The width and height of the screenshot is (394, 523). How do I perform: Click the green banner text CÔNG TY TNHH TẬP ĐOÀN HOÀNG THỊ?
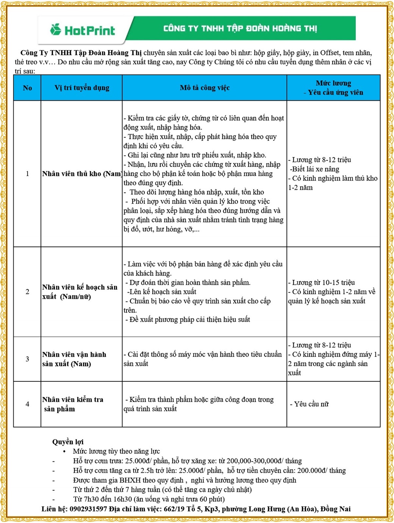pos(240,28)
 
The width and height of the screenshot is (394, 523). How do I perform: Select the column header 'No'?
pos(27,88)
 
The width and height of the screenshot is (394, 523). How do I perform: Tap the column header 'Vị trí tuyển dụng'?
pos(82,88)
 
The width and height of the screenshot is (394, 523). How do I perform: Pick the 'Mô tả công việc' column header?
pos(205,88)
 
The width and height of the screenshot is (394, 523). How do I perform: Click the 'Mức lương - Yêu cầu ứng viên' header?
pos(333,88)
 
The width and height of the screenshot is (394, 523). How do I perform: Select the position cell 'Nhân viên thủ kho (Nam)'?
pos(82,174)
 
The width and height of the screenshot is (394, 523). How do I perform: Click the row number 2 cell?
pos(27,292)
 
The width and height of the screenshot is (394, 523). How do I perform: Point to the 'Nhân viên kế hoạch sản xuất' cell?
pos(80,292)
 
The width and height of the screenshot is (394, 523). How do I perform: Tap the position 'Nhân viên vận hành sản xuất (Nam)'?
pos(74,359)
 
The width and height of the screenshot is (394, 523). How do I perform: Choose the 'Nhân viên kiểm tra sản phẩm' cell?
pos(72,404)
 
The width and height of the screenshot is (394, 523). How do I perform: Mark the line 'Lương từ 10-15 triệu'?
pos(323,283)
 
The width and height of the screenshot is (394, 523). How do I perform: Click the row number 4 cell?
pos(27,404)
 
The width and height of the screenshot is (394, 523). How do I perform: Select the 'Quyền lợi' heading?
pos(68,442)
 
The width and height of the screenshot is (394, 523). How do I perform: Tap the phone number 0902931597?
pos(88,509)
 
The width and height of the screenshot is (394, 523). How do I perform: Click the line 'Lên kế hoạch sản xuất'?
pos(162,292)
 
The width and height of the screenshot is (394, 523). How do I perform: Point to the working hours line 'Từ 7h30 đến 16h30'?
pos(149,499)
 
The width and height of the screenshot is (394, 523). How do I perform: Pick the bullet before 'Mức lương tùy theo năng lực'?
pos(64,451)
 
